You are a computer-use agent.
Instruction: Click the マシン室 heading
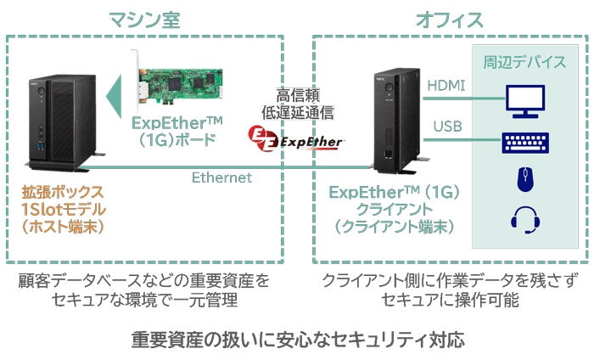(x=144, y=20)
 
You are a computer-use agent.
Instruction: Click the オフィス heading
(x=450, y=20)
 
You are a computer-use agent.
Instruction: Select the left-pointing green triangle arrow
(x=114, y=96)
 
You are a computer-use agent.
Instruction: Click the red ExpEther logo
(x=296, y=138)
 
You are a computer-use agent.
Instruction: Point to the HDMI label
(x=445, y=85)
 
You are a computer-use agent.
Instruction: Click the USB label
(x=447, y=127)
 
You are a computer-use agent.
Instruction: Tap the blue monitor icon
(x=525, y=101)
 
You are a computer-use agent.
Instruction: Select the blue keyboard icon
(x=525, y=143)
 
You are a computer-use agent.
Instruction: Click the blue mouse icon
(x=526, y=179)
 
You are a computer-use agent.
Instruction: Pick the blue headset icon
(x=525, y=219)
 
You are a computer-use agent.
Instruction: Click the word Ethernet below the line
(x=221, y=177)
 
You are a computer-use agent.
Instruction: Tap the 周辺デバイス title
(x=524, y=62)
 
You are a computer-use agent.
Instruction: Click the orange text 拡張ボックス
(x=63, y=192)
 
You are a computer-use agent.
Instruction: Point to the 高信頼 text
(x=298, y=95)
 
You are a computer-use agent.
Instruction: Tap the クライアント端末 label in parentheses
(x=394, y=227)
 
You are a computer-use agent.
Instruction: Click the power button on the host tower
(x=41, y=91)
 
